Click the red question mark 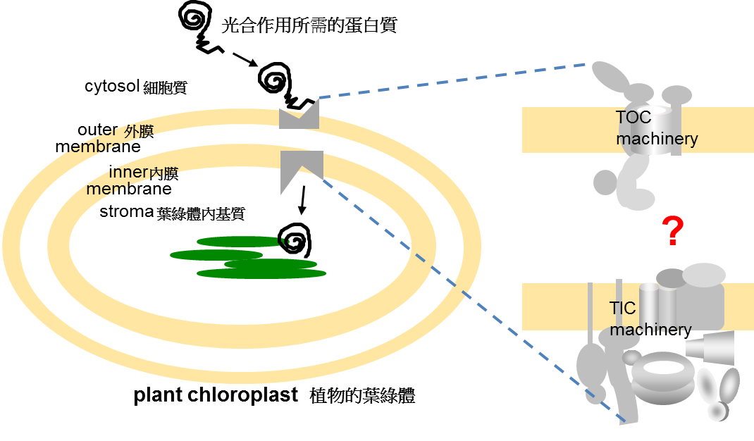click(x=674, y=232)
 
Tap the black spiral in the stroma click(x=295, y=242)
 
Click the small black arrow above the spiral click(x=303, y=200)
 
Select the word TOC click(x=633, y=117)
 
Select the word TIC click(x=623, y=308)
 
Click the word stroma click(x=127, y=211)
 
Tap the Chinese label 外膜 click(x=139, y=132)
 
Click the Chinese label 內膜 click(x=164, y=173)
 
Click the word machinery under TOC click(x=657, y=139)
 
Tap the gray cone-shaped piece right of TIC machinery click(x=710, y=347)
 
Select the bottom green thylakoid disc click(x=261, y=273)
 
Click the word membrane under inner click(x=129, y=189)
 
